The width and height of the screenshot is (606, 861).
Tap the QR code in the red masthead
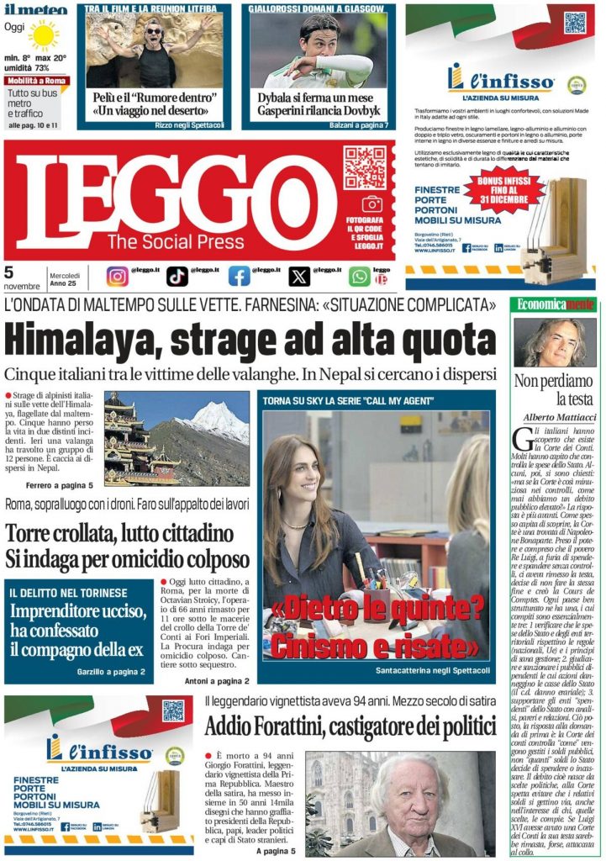pos(364,166)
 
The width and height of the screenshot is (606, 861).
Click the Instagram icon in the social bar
pos(118,276)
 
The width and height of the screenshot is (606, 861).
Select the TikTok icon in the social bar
pos(177,276)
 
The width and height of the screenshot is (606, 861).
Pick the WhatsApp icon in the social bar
pos(360,276)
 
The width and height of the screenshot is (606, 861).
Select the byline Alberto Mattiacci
pos(555,418)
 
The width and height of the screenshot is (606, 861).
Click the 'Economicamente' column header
pos(554,304)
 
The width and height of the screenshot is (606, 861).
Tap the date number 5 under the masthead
pos(9,272)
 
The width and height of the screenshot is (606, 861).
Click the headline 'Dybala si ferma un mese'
pos(315,97)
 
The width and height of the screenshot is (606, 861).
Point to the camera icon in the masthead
pos(372,203)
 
